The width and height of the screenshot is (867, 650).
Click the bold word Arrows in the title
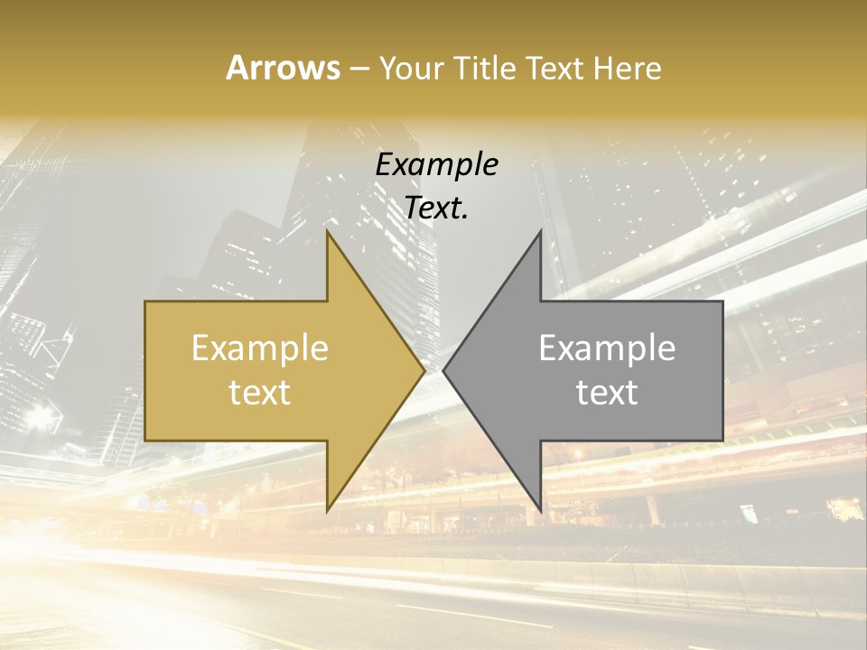point(284,68)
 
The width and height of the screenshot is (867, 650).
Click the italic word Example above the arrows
point(436,165)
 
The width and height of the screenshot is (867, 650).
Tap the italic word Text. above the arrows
point(436,209)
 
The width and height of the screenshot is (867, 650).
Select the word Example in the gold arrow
point(260,348)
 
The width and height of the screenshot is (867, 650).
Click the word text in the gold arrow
point(260,392)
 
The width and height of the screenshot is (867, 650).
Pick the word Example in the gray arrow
point(607,348)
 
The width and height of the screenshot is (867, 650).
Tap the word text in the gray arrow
point(607,392)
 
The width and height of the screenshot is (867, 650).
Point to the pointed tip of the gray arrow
point(443,370)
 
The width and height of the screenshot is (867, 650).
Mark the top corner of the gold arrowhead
point(327,231)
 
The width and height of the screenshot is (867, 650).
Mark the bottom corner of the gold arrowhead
point(327,511)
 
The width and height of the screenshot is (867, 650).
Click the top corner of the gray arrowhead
point(541,231)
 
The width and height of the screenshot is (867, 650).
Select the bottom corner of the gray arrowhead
point(541,511)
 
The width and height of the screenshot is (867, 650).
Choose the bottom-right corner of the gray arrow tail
point(722,441)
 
